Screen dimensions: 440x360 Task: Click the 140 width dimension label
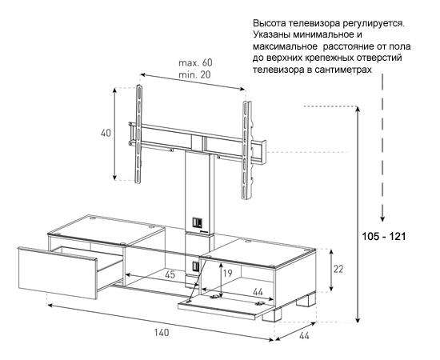[162, 333]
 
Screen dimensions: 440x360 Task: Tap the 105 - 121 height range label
[384, 237]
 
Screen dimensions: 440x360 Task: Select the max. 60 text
[195, 62]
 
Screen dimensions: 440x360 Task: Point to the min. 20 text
[194, 74]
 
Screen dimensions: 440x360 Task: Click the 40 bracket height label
[106, 133]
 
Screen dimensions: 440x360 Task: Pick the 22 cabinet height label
[338, 269]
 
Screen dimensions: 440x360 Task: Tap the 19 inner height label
[228, 273]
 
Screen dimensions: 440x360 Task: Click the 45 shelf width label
[170, 274]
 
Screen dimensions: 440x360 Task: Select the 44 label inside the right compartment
[258, 292]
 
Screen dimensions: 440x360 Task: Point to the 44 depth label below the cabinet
[304, 335]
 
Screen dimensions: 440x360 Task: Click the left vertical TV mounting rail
[138, 134]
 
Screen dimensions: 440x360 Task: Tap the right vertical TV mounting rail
[246, 150]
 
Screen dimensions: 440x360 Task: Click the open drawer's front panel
[58, 272]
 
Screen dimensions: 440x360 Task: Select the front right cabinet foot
[272, 315]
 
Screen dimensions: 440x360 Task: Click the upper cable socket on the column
[197, 222]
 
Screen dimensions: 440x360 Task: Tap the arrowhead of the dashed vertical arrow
[382, 218]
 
